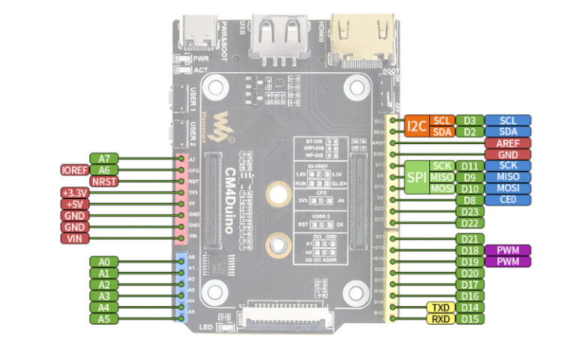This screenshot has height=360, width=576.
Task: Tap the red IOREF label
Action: [x=74, y=170]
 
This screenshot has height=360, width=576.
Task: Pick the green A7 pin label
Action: [x=103, y=158]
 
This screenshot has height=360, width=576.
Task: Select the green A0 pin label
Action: [x=103, y=262]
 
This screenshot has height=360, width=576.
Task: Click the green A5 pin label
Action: [x=103, y=319]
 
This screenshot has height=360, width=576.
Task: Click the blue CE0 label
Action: [x=508, y=200]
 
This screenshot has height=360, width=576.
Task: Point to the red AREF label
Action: [x=508, y=143]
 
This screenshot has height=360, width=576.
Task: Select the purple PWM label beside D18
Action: [x=508, y=250]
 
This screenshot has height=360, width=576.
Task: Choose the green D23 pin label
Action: [x=469, y=212]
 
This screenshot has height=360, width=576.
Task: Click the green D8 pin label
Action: [x=469, y=200]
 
